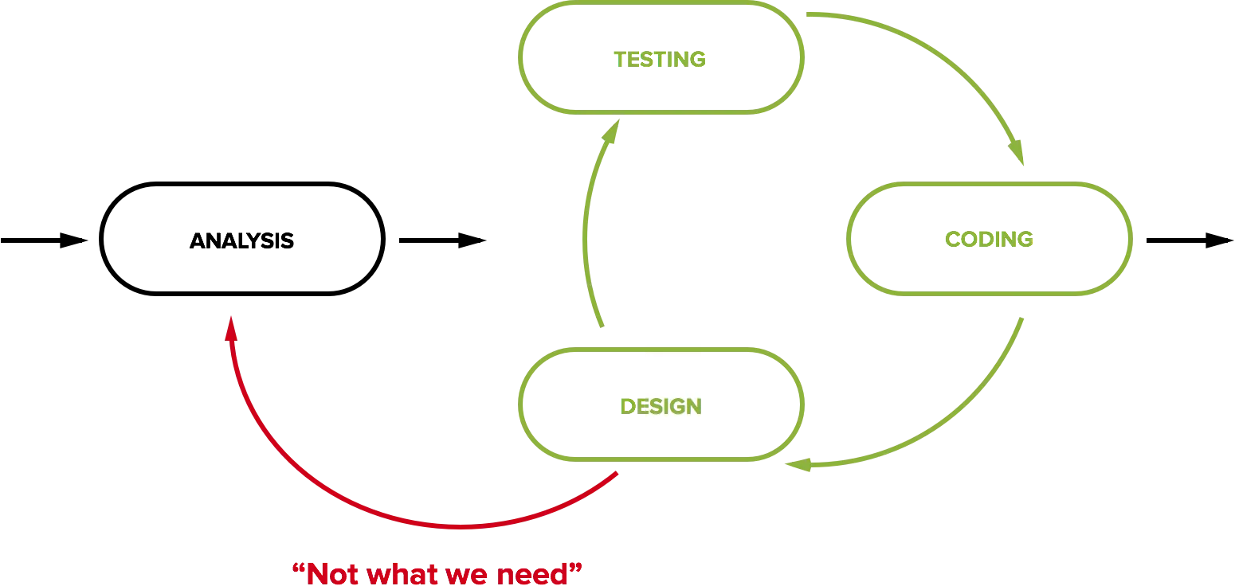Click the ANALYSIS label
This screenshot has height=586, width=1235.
click(x=241, y=240)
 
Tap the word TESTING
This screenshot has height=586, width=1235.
click(x=660, y=60)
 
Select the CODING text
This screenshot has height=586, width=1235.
click(x=989, y=239)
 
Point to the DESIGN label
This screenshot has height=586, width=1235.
click(x=661, y=406)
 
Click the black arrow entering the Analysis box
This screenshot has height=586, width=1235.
click(x=44, y=240)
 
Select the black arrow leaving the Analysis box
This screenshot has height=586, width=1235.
click(x=443, y=240)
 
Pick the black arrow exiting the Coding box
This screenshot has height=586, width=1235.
click(x=1190, y=240)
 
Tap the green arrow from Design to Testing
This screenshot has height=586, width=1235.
click(x=586, y=221)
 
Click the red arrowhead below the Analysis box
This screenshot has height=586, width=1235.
click(x=232, y=328)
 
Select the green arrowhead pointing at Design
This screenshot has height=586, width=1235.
click(x=798, y=465)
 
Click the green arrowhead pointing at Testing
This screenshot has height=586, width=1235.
click(x=610, y=131)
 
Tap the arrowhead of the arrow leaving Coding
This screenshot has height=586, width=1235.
click(x=1220, y=240)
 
